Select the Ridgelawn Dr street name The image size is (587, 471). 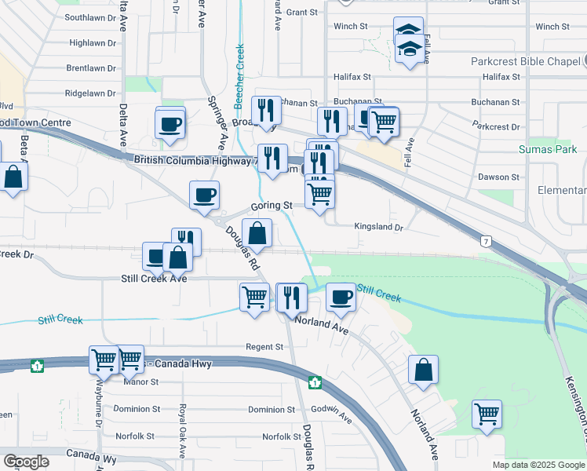tap(90, 93)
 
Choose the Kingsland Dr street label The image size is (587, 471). tap(378, 228)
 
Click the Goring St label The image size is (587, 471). tap(272, 206)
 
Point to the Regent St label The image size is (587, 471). tap(264, 347)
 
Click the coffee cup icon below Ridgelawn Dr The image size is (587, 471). tap(170, 123)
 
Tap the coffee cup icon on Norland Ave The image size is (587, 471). tap(340, 297)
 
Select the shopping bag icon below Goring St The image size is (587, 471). tap(257, 233)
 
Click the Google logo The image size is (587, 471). tap(26, 462)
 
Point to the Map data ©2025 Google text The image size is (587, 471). tap(538, 465)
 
